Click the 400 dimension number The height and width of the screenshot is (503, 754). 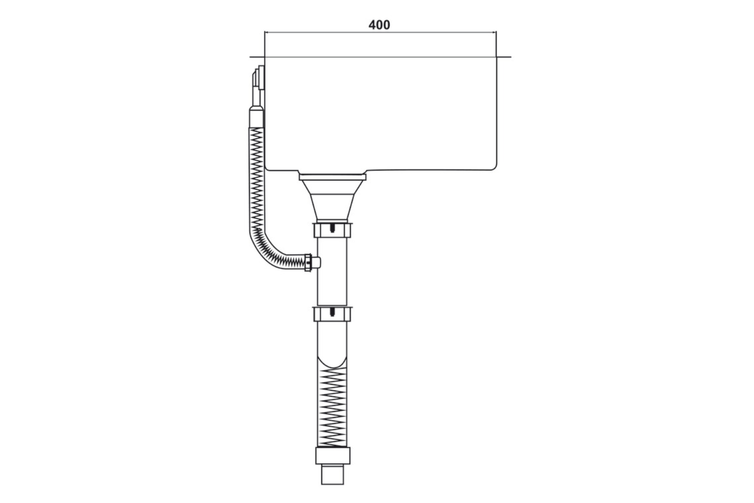click(x=379, y=25)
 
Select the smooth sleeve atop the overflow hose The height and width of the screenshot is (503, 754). click(x=256, y=118)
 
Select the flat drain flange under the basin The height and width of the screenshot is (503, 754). click(x=332, y=176)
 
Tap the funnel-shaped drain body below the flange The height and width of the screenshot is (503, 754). click(x=332, y=199)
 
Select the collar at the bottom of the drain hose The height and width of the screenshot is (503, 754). click(x=332, y=456)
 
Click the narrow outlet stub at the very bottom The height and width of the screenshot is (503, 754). click(x=332, y=475)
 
